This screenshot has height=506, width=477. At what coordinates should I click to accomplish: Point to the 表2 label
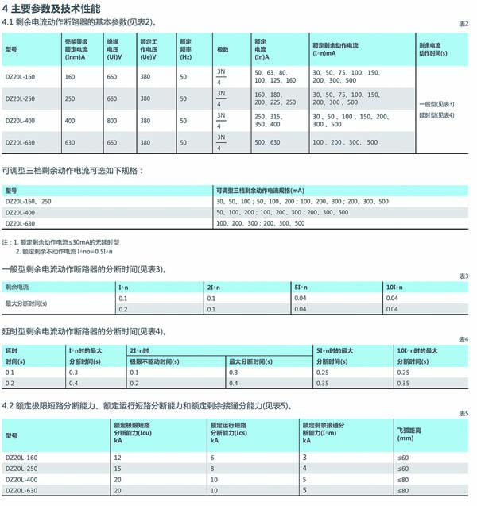tap(464, 25)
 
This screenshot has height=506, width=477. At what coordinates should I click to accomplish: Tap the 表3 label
tap(464, 276)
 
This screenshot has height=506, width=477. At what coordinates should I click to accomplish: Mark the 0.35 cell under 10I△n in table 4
tap(405, 383)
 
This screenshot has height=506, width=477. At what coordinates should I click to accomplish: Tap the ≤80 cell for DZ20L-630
tap(403, 492)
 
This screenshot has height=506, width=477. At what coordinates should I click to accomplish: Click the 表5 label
tap(464, 414)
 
